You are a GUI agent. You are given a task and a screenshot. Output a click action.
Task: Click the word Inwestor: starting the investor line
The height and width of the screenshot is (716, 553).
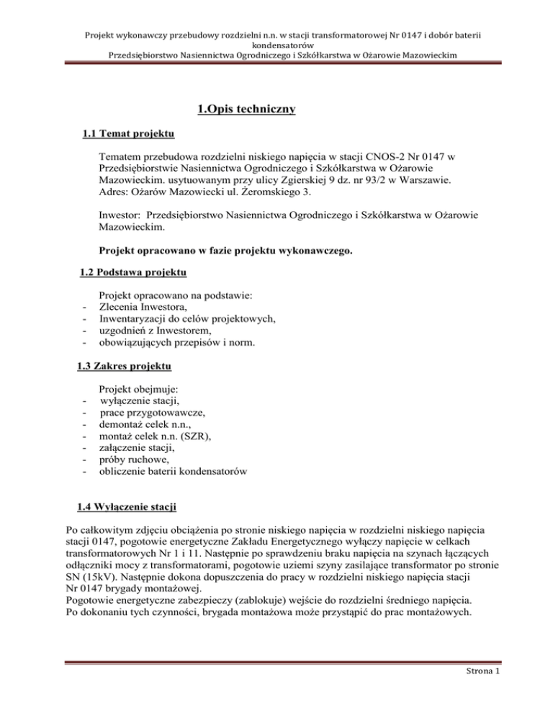coord(125,215)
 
